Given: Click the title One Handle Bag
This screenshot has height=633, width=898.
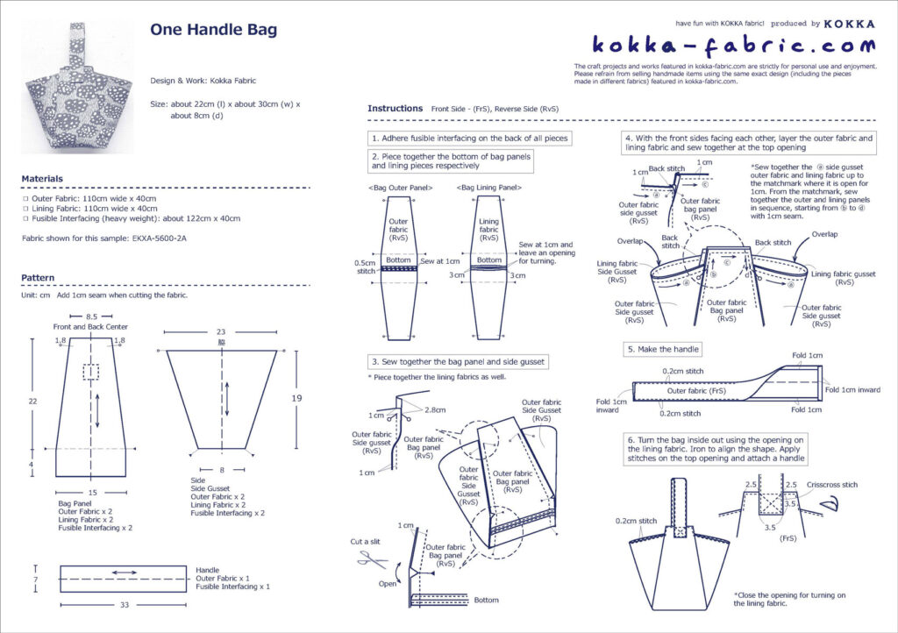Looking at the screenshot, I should tap(213, 30).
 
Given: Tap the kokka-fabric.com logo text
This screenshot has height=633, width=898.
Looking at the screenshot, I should tap(733, 45).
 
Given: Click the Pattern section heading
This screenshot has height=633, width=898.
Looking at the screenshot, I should tap(38, 278).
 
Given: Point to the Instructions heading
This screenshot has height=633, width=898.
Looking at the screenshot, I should tap(395, 109).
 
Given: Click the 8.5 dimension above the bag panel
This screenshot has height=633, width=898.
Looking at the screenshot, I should tap(92, 316).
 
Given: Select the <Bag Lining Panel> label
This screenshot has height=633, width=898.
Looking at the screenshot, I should tap(489, 188).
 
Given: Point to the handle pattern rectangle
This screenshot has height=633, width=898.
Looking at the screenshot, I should tap(123, 579).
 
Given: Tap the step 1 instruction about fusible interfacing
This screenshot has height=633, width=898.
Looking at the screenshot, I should tap(470, 138).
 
